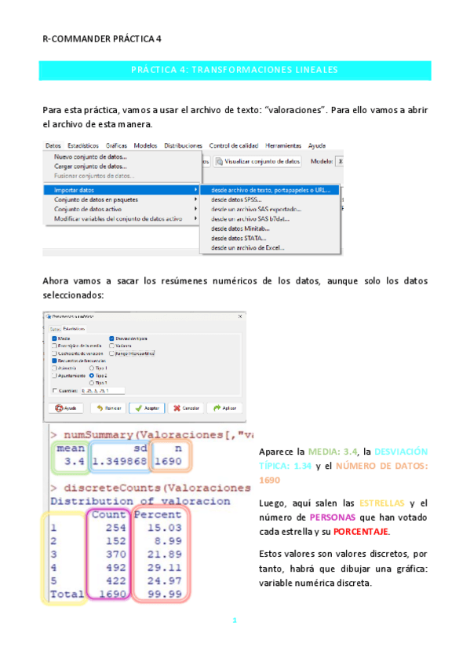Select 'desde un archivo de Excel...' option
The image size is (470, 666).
pos(248,248)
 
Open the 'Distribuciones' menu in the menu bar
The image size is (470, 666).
pos(183,146)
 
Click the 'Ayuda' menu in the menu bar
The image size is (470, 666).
pos(317,146)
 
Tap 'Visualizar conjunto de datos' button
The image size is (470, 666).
pos(262,161)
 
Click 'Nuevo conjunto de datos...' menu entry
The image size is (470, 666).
pos(89,156)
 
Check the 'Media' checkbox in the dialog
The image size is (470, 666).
pos(56,338)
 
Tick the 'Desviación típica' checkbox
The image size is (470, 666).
pos(112,338)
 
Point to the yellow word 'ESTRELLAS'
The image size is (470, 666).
pos(382,503)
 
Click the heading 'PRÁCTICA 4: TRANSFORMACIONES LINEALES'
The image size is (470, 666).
pos(235,70)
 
